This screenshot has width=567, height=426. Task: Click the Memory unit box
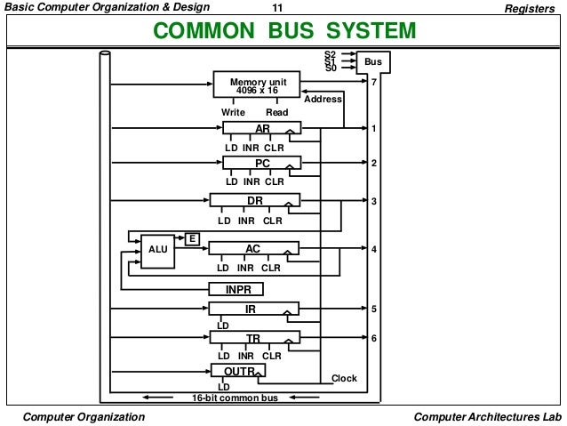[x=258, y=85]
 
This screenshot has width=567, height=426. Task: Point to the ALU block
[x=157, y=250]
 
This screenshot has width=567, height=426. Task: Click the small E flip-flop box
[x=191, y=237]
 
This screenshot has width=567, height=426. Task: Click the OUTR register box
[x=238, y=370]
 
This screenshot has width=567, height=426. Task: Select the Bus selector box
[x=373, y=62]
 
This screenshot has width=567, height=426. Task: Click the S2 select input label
[x=331, y=55]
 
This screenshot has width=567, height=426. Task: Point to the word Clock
[x=344, y=379]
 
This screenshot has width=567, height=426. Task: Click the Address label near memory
[x=323, y=100]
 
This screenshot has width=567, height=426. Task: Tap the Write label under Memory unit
[x=234, y=113]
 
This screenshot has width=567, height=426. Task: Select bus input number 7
[x=374, y=82]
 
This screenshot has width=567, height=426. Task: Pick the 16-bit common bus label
[x=236, y=398]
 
